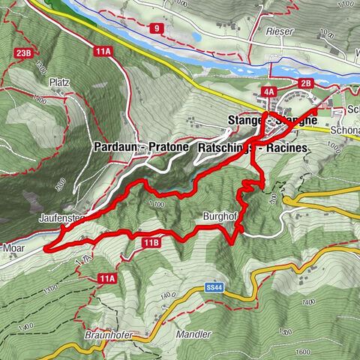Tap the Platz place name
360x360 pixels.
[x=59, y=81]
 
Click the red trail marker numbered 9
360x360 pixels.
[x=156, y=28]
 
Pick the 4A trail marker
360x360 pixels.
[x=268, y=91]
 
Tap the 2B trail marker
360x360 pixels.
[x=305, y=83]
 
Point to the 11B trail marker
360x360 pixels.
[x=150, y=241]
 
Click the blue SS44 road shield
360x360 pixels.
[x=214, y=287]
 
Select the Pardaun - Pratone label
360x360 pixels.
[x=140, y=148]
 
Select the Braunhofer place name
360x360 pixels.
[x=102, y=335]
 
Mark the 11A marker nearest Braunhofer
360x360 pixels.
[x=106, y=279]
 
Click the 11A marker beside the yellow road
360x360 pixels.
[x=103, y=51]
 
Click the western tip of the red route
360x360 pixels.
[x=45, y=246]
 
